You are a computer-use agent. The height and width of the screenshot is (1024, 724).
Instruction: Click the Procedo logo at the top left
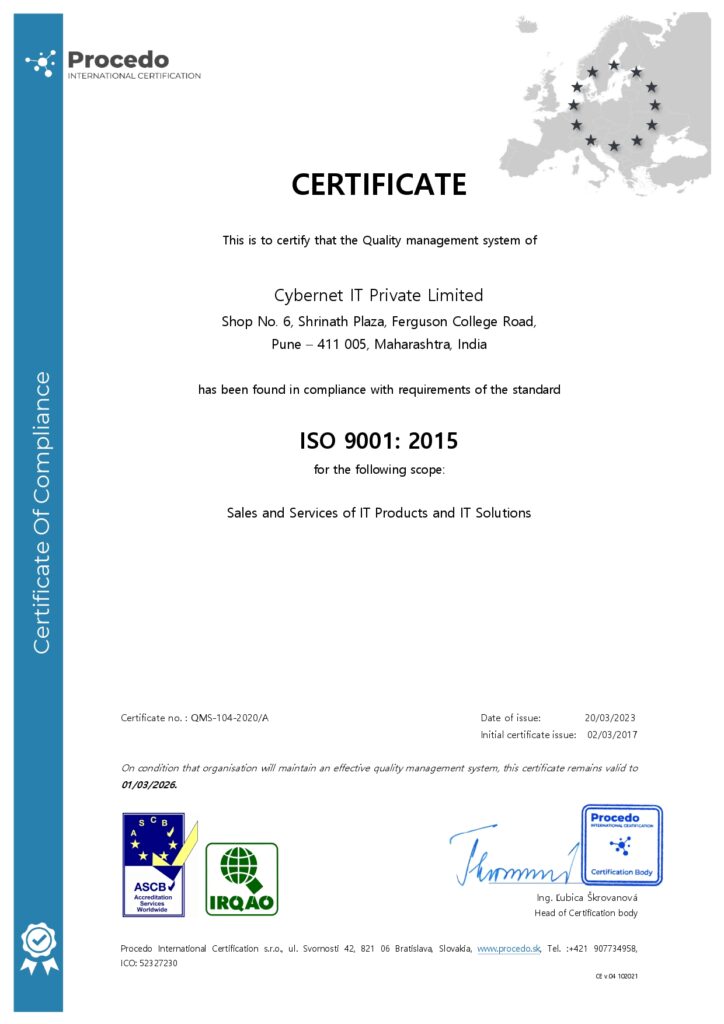click(x=112, y=64)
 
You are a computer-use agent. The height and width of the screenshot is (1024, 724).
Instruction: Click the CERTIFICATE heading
click(x=379, y=185)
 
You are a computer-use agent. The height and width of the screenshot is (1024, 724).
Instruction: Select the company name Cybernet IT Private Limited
click(x=379, y=295)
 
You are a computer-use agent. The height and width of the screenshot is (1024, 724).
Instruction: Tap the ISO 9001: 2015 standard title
click(x=379, y=441)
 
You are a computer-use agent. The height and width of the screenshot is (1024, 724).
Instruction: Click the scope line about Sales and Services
click(x=379, y=513)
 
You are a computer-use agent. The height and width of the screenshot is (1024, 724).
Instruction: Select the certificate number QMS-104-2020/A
click(x=229, y=718)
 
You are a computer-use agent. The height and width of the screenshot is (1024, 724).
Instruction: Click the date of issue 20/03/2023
click(x=610, y=718)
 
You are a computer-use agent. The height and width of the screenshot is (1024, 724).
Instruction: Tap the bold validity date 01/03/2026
click(x=148, y=785)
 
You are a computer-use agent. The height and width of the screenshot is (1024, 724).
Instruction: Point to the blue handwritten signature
click(x=510, y=859)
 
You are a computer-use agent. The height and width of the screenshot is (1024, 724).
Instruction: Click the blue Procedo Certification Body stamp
click(x=621, y=845)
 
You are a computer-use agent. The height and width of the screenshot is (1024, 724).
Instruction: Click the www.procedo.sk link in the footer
click(x=508, y=947)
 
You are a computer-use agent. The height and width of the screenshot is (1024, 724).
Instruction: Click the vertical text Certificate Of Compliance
click(x=42, y=512)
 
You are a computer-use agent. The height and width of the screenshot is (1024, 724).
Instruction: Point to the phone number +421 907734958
click(x=599, y=947)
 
